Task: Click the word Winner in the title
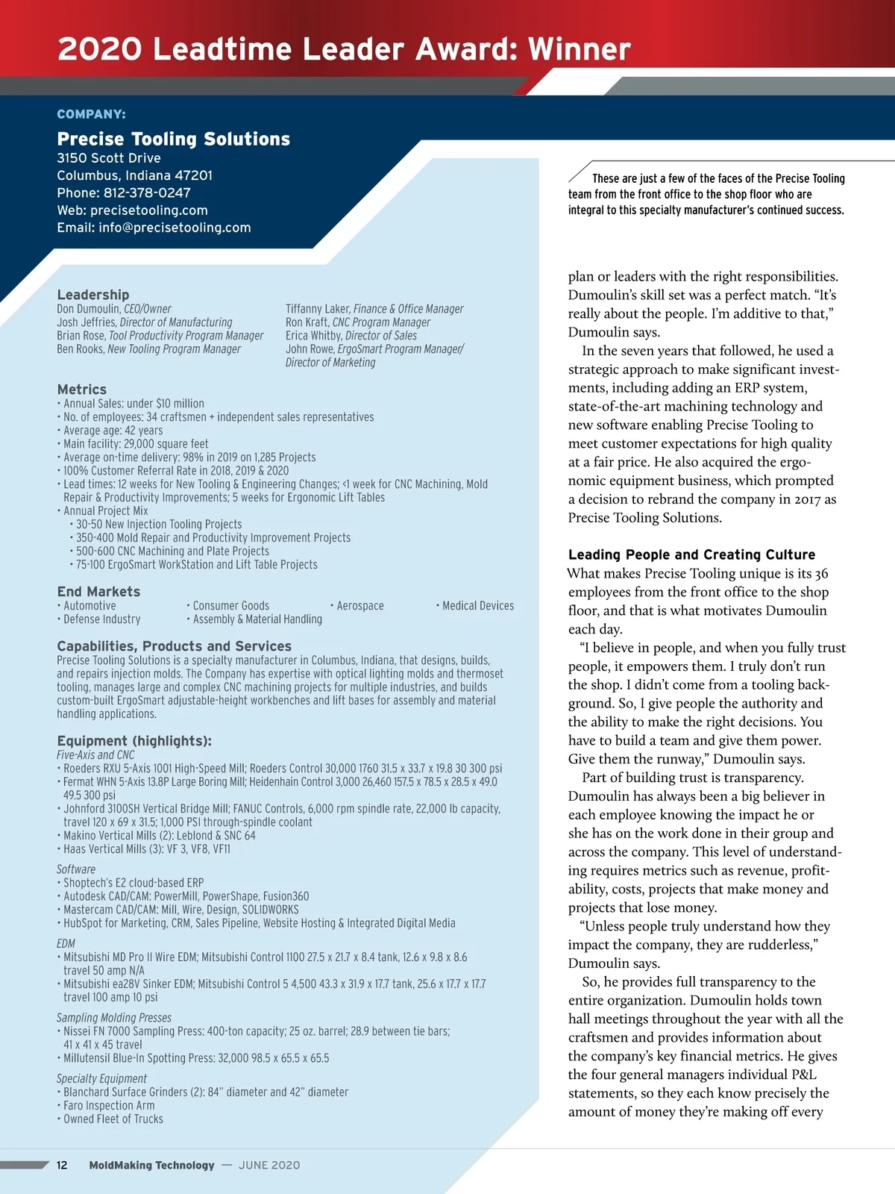pos(580,49)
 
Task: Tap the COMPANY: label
pos(91,114)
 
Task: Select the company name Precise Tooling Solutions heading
pos(173,139)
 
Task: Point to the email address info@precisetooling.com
pos(175,228)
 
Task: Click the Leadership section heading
pos(92,295)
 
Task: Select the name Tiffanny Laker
pos(317,309)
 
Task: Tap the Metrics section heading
pos(81,390)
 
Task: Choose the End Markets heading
pos(98,592)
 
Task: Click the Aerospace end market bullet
pos(359,606)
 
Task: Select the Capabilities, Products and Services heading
pos(174,646)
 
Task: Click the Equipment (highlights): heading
pos(134,741)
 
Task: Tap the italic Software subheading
pos(76,869)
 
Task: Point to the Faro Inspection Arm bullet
pos(109,1106)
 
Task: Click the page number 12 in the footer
pos(62,1166)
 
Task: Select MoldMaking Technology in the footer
pos(151,1166)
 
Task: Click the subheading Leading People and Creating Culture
pos(691,554)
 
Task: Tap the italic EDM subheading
pos(66,944)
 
